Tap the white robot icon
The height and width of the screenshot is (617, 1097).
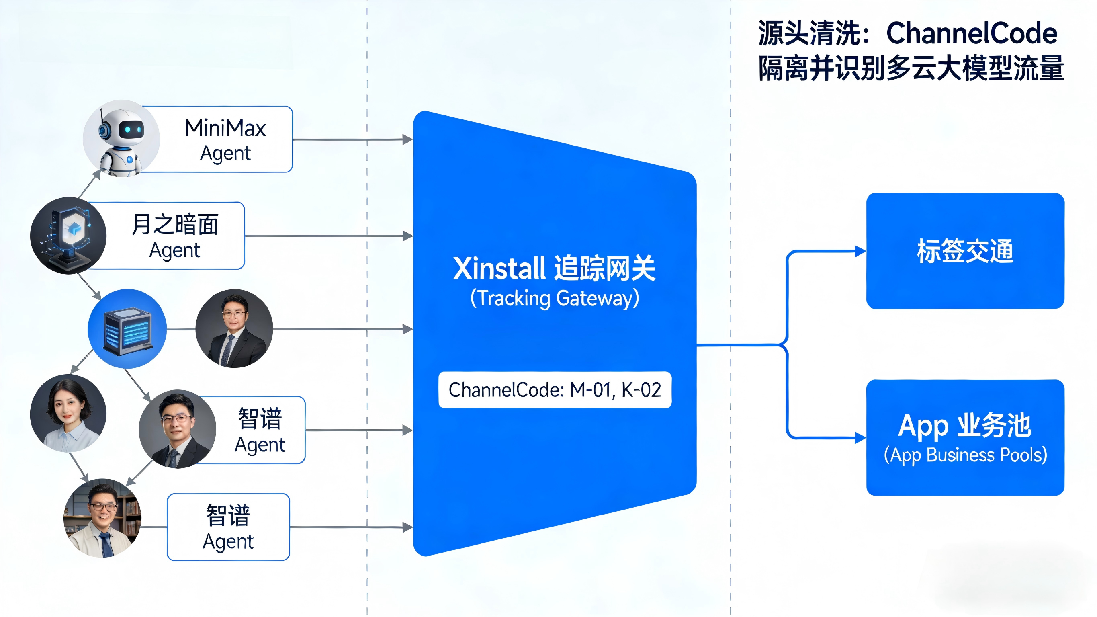[121, 139]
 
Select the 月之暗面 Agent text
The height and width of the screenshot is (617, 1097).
[175, 236]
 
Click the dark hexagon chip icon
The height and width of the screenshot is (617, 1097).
[68, 236]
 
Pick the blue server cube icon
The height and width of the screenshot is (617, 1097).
[127, 329]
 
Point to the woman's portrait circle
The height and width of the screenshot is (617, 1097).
[68, 413]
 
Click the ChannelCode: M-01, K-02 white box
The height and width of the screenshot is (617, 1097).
[555, 390]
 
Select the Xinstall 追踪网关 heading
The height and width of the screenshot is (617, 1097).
[554, 269]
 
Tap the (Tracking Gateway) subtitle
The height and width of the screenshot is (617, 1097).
[555, 298]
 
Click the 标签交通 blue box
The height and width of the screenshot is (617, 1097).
[965, 250]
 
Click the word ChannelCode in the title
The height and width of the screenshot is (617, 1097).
[971, 33]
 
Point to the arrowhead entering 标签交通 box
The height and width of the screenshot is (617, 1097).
[860, 251]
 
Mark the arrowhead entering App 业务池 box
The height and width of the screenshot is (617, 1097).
[860, 438]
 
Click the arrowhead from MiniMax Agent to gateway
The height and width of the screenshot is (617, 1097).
[407, 139]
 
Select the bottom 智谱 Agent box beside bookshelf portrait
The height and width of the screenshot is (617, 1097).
[228, 527]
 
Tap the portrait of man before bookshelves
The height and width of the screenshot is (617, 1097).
[102, 518]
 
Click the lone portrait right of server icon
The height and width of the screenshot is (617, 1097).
[234, 328]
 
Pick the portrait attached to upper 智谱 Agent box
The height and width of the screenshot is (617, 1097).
[177, 429]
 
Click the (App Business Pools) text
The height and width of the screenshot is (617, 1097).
[965, 455]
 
